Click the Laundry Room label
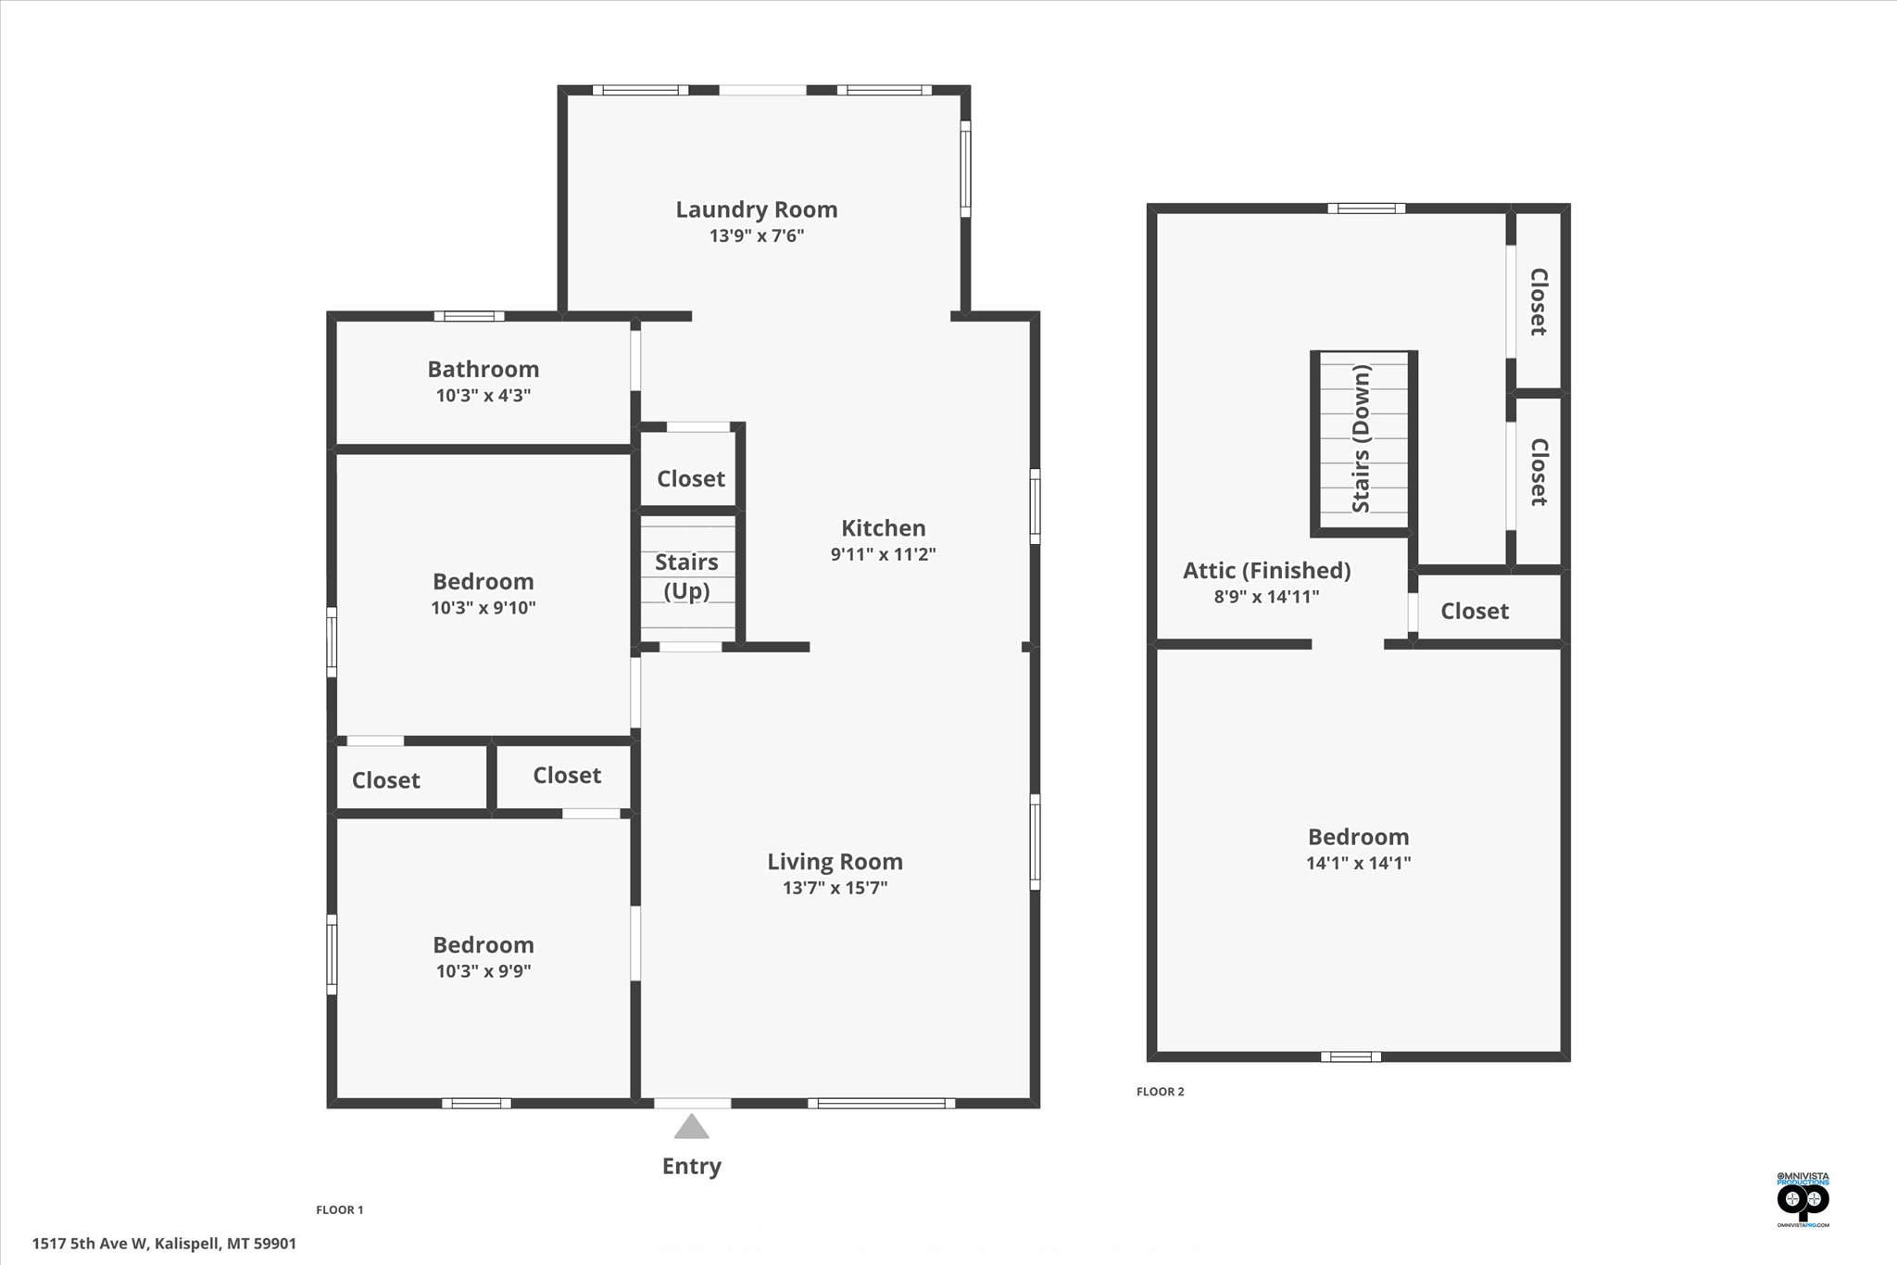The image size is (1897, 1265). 756,209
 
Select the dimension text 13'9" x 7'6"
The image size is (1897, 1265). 756,235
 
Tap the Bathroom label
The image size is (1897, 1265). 483,369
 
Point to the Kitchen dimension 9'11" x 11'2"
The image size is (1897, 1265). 883,554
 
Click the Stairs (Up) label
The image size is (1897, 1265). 686,576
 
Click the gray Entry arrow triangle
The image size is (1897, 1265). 691,1128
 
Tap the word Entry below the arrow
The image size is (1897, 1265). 691,1166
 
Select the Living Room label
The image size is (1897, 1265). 835,862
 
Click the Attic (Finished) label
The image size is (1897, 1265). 1266,571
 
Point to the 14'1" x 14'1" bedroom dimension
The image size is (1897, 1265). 1358,863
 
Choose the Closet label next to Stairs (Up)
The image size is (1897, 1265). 690,479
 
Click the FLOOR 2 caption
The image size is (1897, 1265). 1160,1092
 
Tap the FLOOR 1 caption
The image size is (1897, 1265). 340,1209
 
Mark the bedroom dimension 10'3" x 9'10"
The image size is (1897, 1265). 483,608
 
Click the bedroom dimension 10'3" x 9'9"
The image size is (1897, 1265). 483,971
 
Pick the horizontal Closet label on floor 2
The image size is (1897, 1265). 1475,612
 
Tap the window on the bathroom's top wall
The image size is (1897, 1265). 469,316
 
